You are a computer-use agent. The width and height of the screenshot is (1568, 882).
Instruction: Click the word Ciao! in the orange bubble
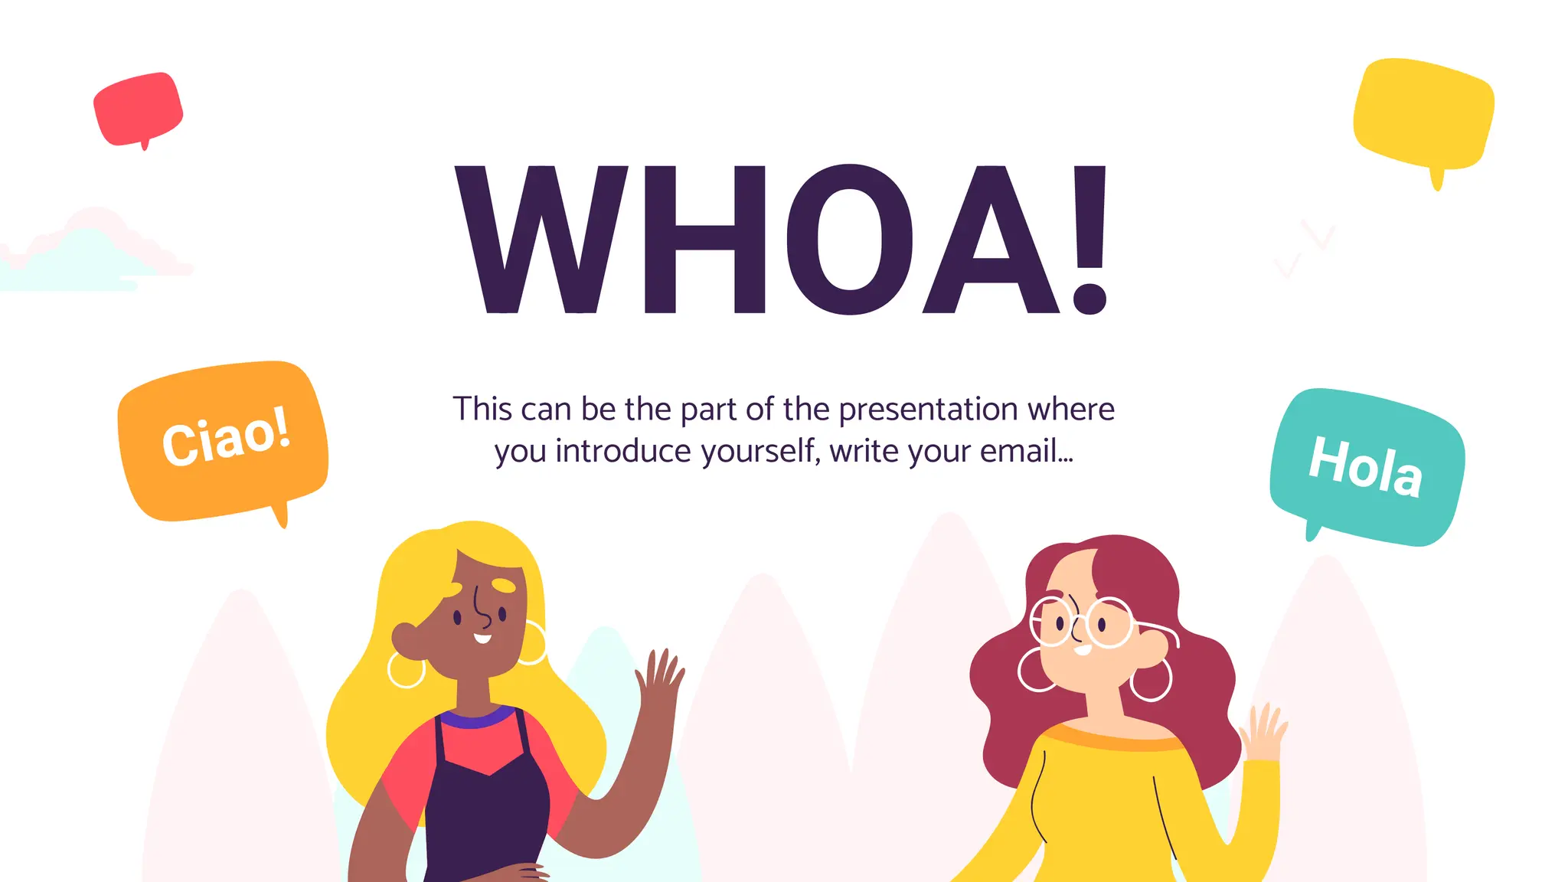tap(227, 436)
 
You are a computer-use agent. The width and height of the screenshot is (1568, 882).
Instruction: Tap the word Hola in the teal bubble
tap(1366, 466)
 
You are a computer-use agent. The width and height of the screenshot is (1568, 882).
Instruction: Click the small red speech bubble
tap(138, 109)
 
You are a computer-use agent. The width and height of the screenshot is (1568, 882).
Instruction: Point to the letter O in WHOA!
tap(850, 239)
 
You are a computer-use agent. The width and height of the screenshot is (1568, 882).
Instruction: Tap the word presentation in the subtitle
tap(929, 410)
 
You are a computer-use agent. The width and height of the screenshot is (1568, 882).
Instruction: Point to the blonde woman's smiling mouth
tap(482, 638)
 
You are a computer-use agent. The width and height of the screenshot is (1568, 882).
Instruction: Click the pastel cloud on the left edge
tap(84, 253)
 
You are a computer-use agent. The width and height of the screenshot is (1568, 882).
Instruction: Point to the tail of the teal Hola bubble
tap(1313, 530)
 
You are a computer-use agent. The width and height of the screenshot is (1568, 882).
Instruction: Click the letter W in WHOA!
tap(542, 239)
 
